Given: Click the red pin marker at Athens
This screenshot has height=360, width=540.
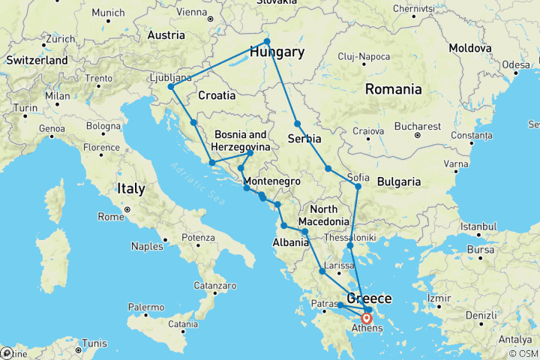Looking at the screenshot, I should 367,318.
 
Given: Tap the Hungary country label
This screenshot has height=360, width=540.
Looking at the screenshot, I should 277,52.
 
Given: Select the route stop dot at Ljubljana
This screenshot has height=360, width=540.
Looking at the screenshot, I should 171,87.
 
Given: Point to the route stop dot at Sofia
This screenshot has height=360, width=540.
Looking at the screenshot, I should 358,186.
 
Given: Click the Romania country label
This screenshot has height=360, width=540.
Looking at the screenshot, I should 393,89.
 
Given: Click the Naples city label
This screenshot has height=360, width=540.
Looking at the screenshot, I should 148,245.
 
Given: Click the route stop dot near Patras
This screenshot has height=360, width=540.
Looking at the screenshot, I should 340,305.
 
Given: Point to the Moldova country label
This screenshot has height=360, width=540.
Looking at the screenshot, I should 470,47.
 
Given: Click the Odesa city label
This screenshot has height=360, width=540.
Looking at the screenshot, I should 516,64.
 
